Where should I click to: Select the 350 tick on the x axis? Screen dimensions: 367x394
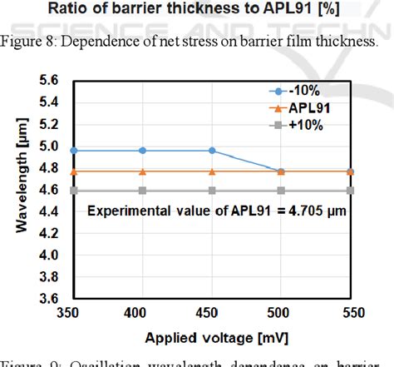coord(74,313)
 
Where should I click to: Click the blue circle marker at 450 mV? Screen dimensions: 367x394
coord(212,151)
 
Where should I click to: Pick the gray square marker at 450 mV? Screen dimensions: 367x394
coord(212,191)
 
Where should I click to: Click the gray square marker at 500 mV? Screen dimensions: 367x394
coord(281,191)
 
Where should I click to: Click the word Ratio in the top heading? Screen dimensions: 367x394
coord(91,10)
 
